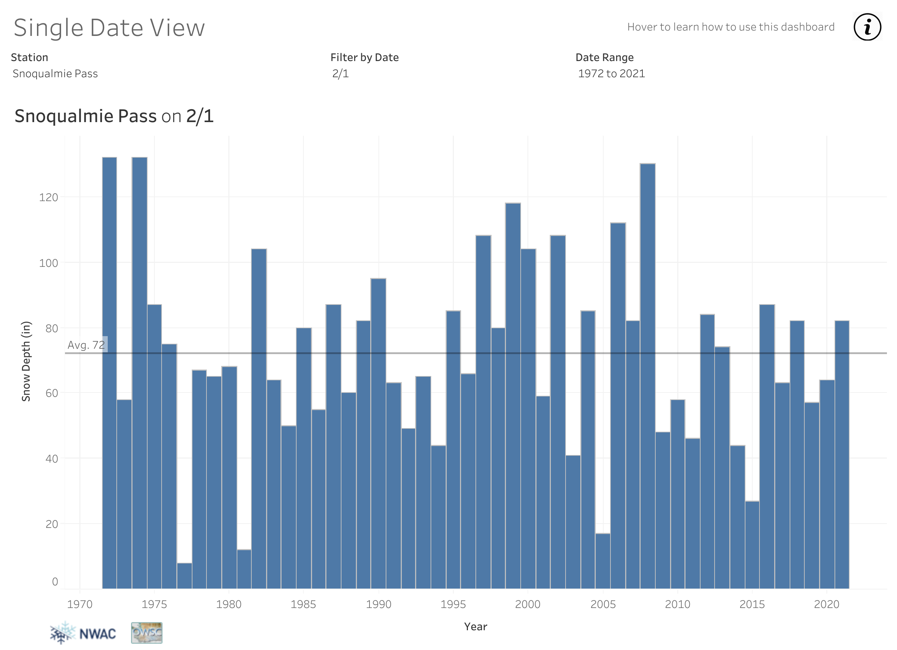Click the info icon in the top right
pyautogui.click(x=867, y=27)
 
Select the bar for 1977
pyautogui.click(x=184, y=576)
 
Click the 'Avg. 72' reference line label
pyautogui.click(x=86, y=345)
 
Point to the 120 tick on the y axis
pyautogui.click(x=48, y=198)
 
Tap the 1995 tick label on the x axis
pyautogui.click(x=453, y=604)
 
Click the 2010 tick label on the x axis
pyautogui.click(x=678, y=604)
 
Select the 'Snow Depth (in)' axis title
pyautogui.click(x=26, y=361)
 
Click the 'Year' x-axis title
pyautogui.click(x=475, y=627)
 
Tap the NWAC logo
pyautogui.click(x=83, y=633)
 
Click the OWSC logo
pyautogui.click(x=147, y=633)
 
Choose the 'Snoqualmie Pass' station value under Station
pyautogui.click(x=55, y=74)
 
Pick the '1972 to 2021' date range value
pyautogui.click(x=611, y=74)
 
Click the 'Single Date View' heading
pyautogui.click(x=109, y=28)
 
